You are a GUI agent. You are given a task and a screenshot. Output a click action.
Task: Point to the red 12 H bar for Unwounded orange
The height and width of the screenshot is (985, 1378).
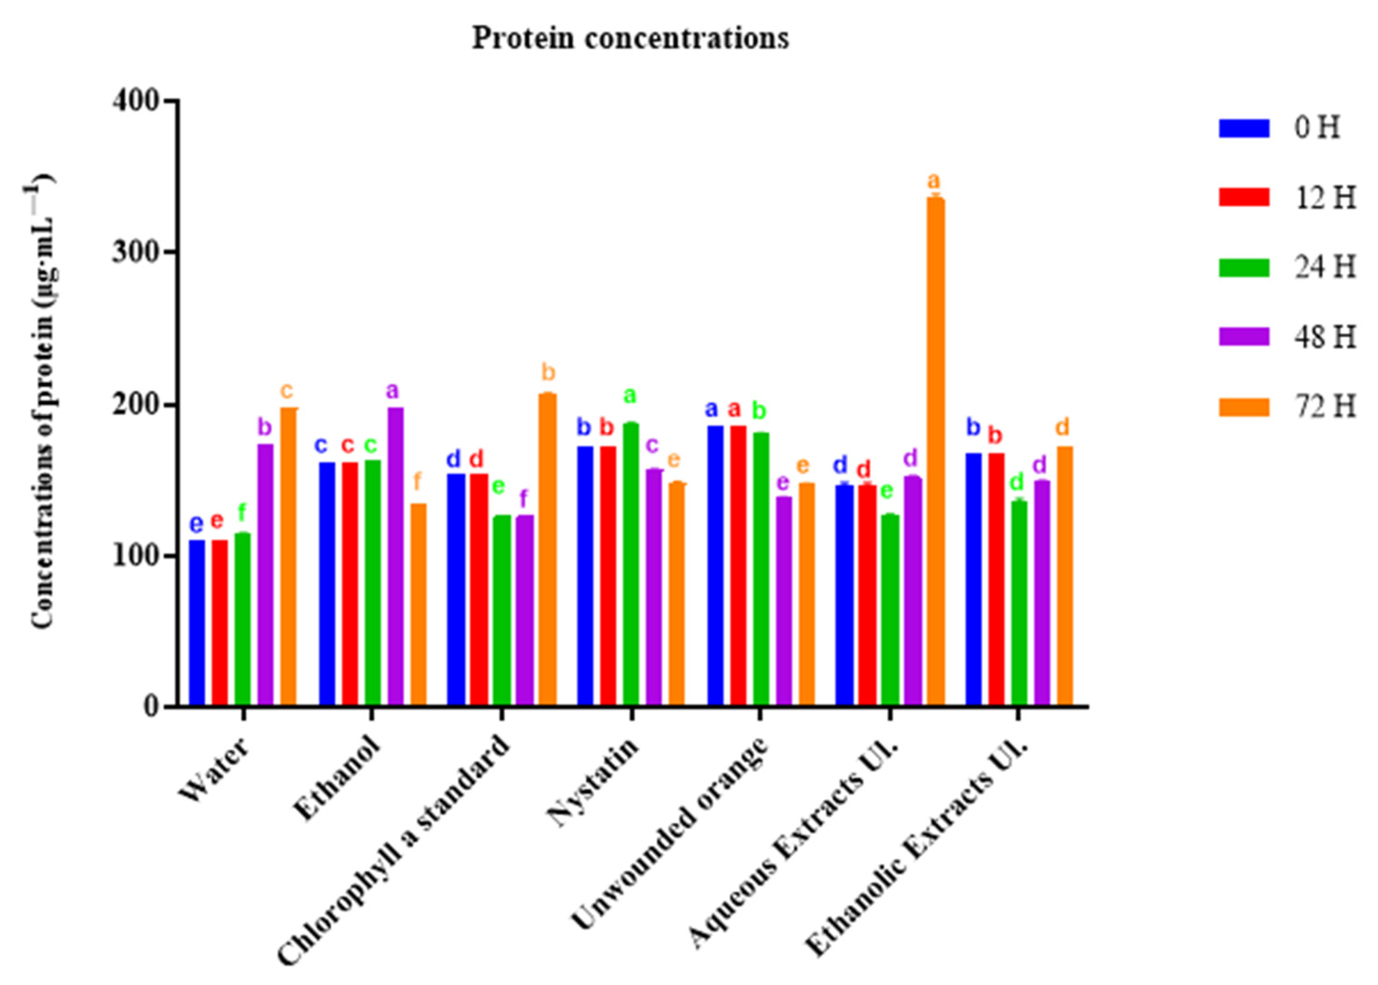[738, 565]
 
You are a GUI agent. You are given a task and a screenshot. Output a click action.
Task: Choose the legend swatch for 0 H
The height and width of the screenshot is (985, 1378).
[1243, 128]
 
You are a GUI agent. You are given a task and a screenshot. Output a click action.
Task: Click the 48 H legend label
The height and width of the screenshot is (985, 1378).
[1325, 337]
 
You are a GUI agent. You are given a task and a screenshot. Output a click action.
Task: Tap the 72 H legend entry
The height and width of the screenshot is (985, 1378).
[1325, 407]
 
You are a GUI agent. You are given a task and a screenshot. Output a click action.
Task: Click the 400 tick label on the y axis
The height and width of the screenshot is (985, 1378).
[136, 100]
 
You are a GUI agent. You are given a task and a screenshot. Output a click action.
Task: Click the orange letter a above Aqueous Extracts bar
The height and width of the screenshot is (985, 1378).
[934, 181]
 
